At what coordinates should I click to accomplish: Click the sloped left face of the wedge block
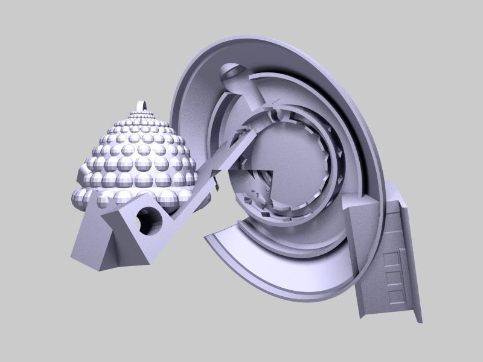pos(91,241)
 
